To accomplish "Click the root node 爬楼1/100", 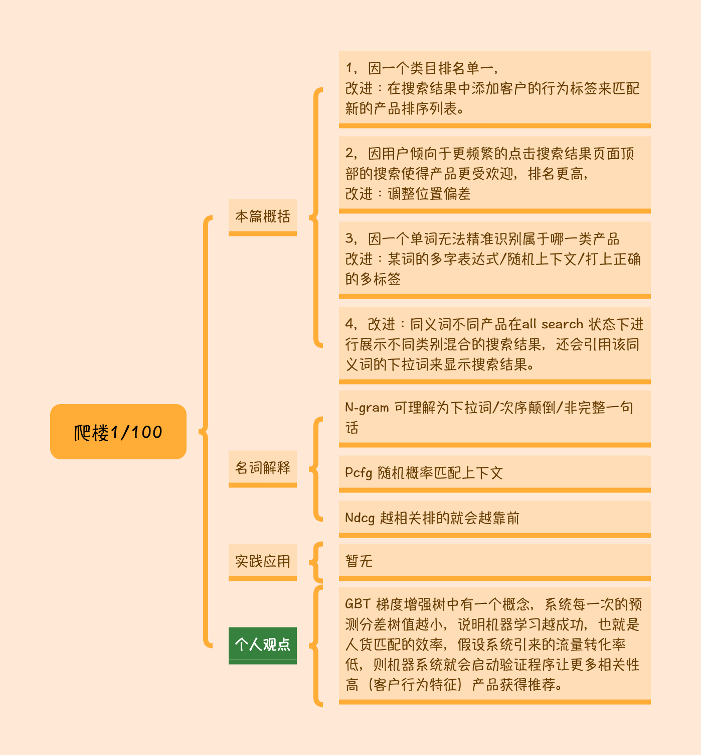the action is (x=118, y=432).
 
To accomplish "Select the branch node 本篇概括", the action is (x=262, y=217).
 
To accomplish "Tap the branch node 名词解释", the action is (x=262, y=468).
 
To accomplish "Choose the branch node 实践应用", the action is (x=262, y=562).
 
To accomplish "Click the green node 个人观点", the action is (x=262, y=646).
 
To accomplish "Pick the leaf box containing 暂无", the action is (x=495, y=562).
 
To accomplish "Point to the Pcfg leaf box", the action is (x=495, y=474).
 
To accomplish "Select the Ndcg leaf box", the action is (x=495, y=519).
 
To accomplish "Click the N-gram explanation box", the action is (x=495, y=419).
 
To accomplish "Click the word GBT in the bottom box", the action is (x=358, y=604).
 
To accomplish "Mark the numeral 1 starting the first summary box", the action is (x=348, y=68).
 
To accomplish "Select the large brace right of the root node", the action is (x=205, y=432).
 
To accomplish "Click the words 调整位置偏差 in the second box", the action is (x=429, y=194).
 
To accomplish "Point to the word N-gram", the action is (x=367, y=408).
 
